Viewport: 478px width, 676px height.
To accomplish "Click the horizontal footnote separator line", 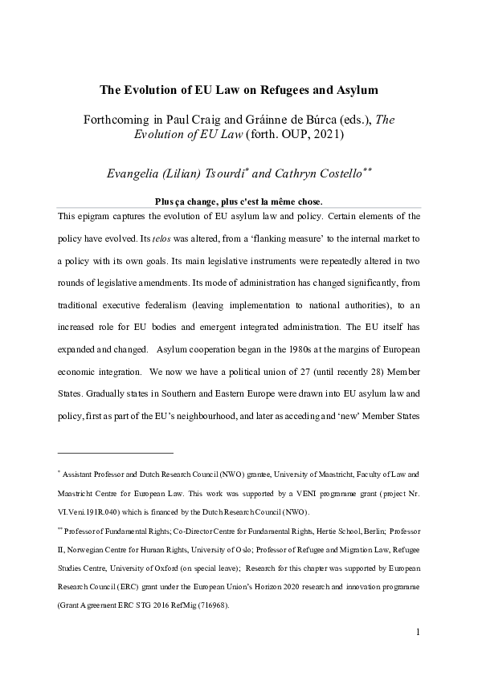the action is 116,454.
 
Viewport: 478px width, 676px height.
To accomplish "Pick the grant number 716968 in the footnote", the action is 210,606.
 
